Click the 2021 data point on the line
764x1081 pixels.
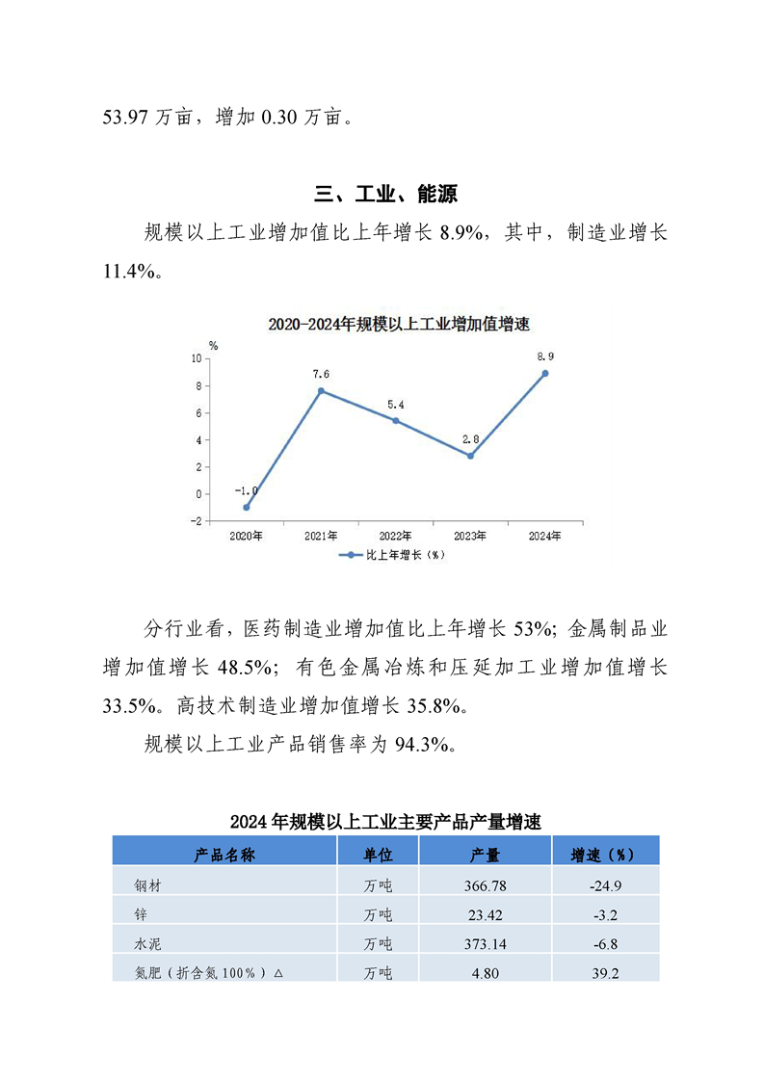point(321,390)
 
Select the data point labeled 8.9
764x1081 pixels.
point(544,373)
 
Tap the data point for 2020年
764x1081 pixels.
point(247,507)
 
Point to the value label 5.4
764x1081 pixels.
point(395,405)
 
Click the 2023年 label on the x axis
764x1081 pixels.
point(469,535)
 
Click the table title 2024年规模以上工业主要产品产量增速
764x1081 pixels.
point(385,822)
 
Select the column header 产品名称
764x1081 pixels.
point(224,854)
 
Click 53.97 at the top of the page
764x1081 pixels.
point(126,118)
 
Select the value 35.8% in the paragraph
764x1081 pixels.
point(435,705)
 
